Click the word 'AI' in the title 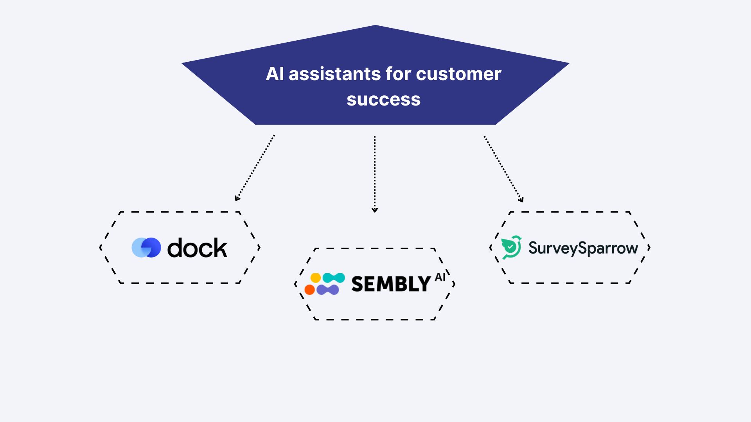tap(275, 74)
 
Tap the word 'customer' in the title tap(458, 74)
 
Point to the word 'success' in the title tap(383, 99)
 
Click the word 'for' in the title tap(399, 74)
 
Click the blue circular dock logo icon tap(146, 247)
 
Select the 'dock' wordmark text tap(197, 248)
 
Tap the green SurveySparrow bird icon tap(511, 247)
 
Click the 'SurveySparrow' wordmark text tap(583, 248)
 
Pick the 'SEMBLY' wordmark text tap(391, 284)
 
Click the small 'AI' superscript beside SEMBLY tap(440, 277)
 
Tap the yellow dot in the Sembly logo tap(316, 278)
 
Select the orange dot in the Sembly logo tap(309, 290)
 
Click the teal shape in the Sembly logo tap(334, 278)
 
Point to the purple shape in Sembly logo tap(327, 290)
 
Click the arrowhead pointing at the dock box tap(237, 198)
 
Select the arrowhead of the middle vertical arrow tap(375, 210)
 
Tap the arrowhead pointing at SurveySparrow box tap(521, 200)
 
